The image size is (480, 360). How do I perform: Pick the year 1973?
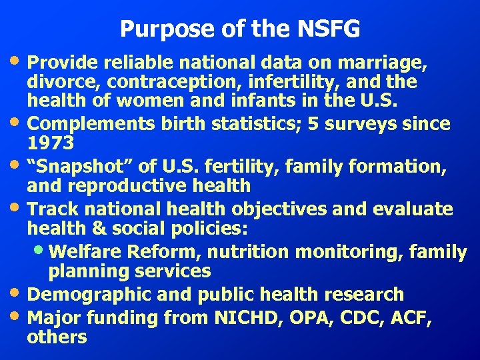51,143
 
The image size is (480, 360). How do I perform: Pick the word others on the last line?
57,337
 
